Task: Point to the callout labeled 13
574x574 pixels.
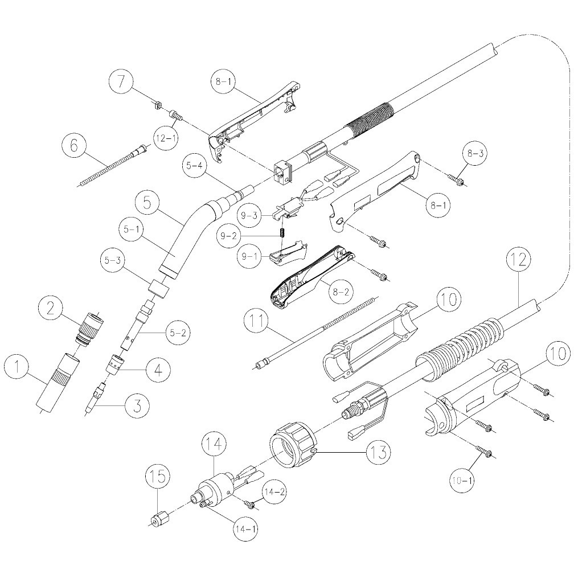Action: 378,453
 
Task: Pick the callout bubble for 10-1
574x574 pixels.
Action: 464,480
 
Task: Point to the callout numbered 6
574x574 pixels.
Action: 75,145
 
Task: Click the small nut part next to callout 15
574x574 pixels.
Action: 157,520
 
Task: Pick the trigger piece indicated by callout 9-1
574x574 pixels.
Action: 288,252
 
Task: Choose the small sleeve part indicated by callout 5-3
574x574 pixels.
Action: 159,290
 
